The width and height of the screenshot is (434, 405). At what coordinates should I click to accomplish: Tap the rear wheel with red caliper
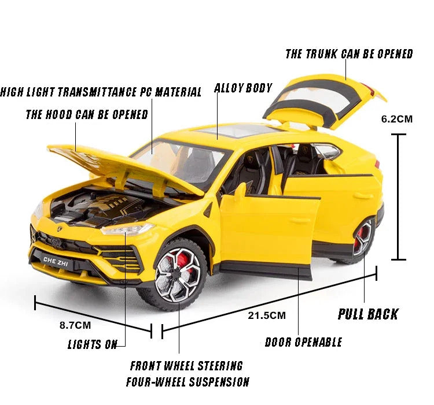pos(363,239)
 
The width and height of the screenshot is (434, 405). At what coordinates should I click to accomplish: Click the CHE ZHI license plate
pos(56,261)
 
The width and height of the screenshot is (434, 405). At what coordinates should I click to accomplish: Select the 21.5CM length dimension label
pos(267,315)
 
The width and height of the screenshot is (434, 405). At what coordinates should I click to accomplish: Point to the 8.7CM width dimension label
pos(75,325)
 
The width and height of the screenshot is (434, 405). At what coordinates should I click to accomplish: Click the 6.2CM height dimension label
pos(396,119)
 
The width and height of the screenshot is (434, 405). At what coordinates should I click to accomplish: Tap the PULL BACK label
pos(368,314)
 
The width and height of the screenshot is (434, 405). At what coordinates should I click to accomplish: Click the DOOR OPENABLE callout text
pos(303,342)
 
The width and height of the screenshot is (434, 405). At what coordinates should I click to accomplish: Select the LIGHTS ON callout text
pos(93,344)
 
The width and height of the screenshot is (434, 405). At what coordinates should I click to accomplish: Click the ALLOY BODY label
pos(243,88)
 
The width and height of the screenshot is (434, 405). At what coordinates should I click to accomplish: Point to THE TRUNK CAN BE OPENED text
pos(349,54)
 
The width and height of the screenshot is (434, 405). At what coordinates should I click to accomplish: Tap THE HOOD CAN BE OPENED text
pos(87,114)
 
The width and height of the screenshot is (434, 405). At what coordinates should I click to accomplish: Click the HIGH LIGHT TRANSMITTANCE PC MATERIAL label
pos(101,92)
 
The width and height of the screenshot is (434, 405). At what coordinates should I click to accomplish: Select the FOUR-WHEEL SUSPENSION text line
pos(187,382)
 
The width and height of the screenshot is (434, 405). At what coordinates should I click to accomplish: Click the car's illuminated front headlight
pos(127,229)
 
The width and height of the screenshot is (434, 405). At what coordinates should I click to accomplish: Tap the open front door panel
pos(269,229)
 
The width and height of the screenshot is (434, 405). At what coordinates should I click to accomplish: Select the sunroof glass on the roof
pos(238,131)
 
